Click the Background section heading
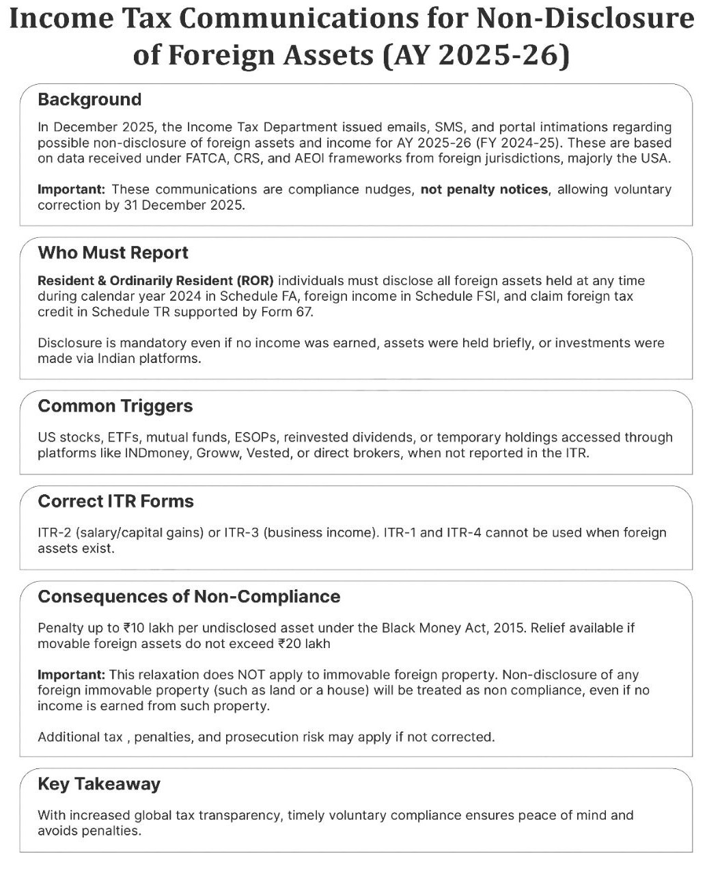89,100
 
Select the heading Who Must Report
113,253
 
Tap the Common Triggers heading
115,406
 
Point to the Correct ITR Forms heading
115,501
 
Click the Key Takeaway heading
99,784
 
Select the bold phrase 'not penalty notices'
484,189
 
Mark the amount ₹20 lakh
304,643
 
